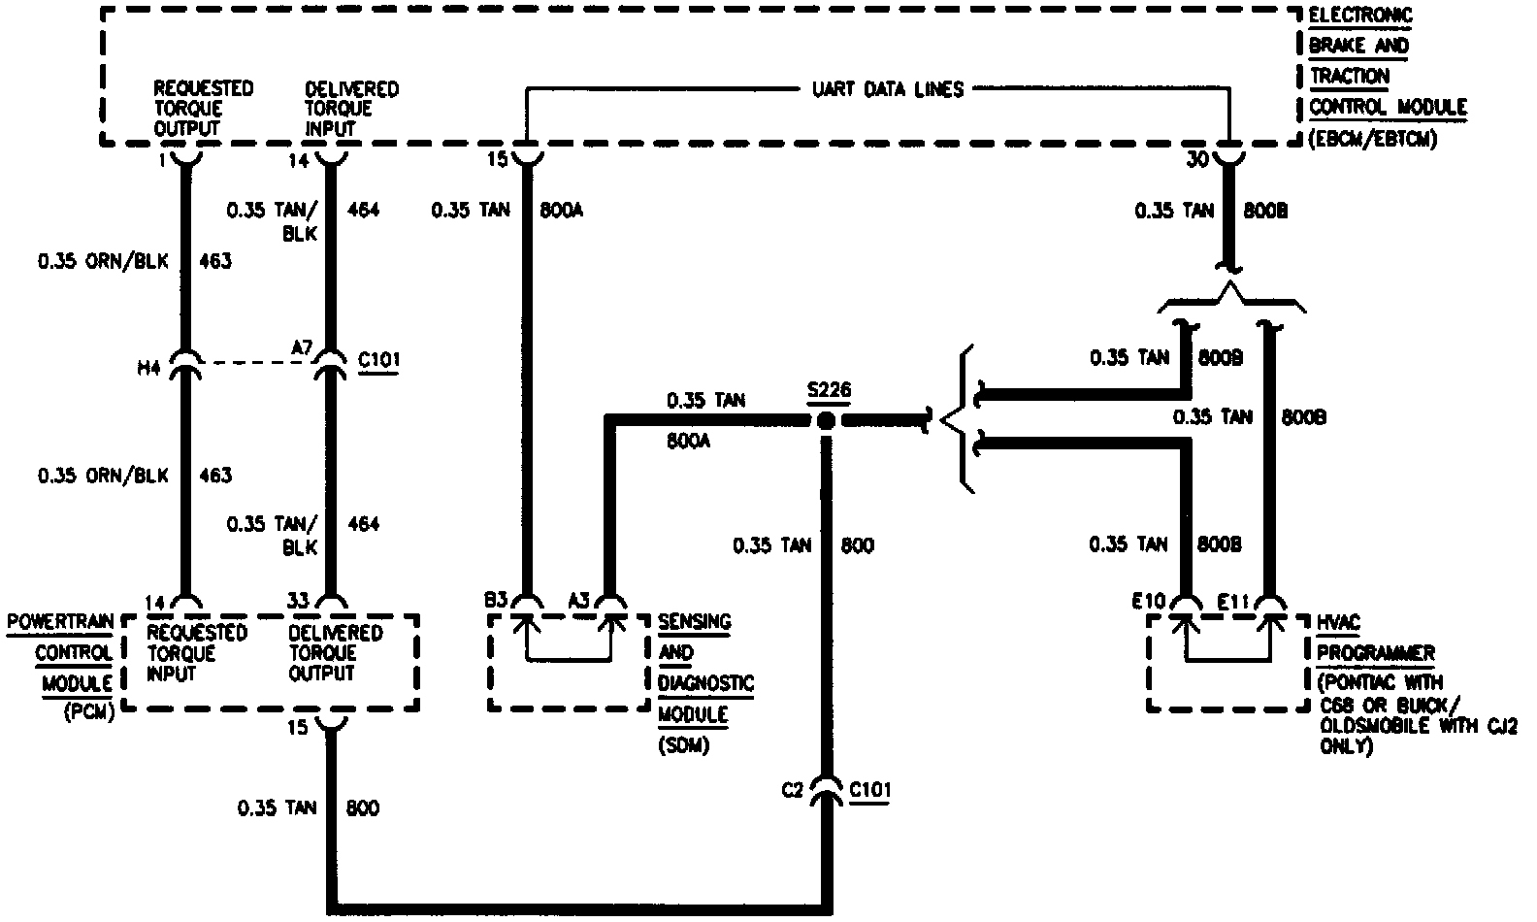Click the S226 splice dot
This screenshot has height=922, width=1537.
click(x=826, y=421)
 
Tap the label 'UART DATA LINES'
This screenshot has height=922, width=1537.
click(x=887, y=89)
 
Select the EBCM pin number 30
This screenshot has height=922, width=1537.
click(x=1196, y=161)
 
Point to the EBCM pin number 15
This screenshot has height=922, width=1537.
click(x=497, y=160)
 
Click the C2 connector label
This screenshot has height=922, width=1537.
click(x=794, y=790)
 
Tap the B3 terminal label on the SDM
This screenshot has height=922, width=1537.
click(x=496, y=600)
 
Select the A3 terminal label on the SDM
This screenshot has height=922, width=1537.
click(x=579, y=600)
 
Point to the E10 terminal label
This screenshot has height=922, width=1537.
click(x=1148, y=602)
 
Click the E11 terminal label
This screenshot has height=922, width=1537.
click(x=1232, y=602)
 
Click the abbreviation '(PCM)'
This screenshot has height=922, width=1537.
click(x=89, y=712)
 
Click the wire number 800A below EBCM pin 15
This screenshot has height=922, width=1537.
click(x=561, y=210)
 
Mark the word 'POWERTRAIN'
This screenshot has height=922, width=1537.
click(x=60, y=621)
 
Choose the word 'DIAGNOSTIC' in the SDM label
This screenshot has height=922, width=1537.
click(x=705, y=683)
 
